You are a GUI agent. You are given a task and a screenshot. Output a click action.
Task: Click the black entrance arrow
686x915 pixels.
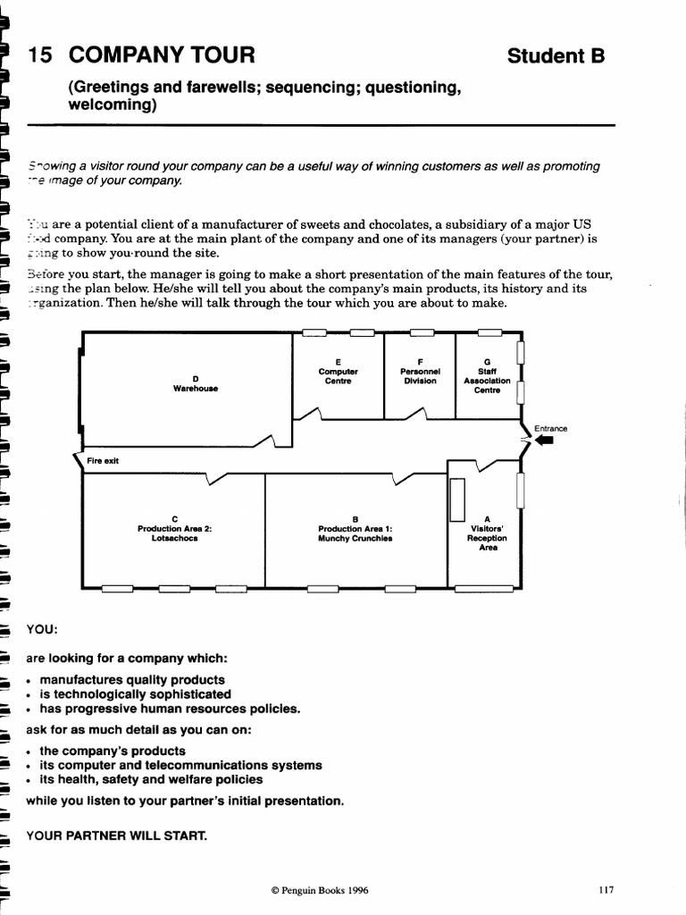point(544,439)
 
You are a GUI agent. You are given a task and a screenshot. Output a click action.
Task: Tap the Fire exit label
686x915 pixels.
point(103,461)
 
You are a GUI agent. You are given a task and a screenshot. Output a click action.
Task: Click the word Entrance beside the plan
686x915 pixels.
point(550,428)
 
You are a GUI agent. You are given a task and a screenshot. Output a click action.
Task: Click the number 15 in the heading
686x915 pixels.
point(41,56)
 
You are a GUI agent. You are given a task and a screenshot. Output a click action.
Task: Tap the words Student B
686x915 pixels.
point(556,56)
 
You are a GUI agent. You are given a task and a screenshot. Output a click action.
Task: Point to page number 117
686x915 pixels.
point(607,890)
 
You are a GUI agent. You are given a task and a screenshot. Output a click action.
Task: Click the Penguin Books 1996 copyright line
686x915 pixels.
point(319,891)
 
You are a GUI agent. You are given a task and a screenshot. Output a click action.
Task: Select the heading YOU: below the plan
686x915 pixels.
point(42,628)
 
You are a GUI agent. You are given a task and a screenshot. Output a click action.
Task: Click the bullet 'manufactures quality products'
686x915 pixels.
point(131,680)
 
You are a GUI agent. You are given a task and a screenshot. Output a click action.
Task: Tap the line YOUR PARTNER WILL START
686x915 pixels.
point(116,836)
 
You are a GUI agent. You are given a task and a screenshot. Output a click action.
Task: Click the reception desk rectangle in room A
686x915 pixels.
point(457,499)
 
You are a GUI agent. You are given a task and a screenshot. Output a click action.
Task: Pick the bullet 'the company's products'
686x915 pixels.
point(112,751)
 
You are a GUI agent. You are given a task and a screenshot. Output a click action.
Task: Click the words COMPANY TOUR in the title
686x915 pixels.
point(162,56)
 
